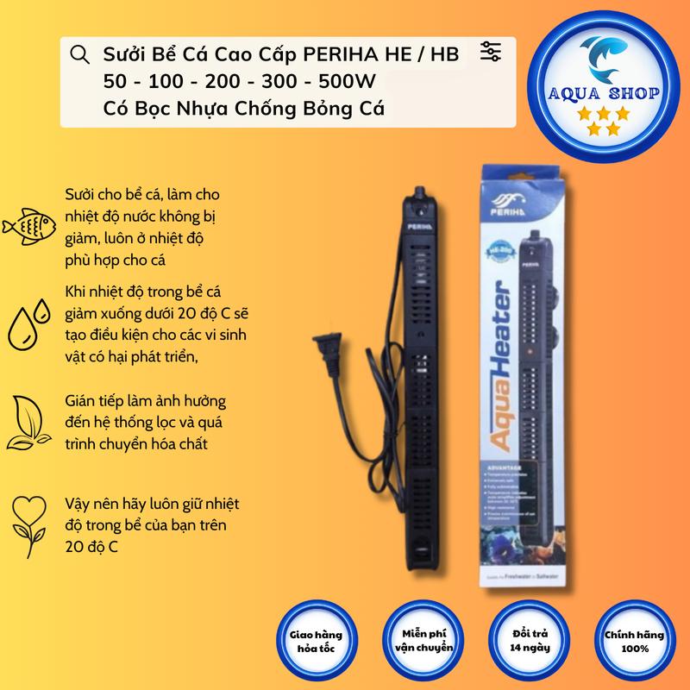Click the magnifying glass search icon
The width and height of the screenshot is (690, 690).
click(x=78, y=55)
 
